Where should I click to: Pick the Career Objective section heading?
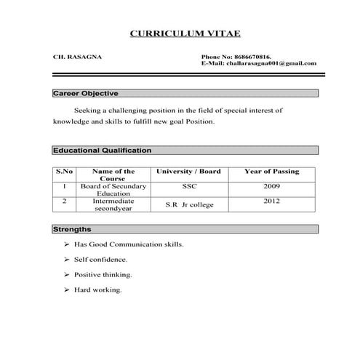coord(85,93)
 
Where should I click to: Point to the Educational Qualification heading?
coord(102,151)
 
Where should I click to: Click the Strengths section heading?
coord(72,229)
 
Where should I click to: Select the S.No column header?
coord(65,172)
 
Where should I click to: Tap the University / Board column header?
coord(188,172)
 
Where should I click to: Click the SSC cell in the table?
coord(188,186)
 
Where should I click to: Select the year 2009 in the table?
coord(271,186)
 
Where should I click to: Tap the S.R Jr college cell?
coord(189,205)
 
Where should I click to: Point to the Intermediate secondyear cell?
coord(113,204)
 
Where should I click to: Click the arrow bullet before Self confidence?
coord(66,260)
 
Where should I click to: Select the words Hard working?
coord(97,290)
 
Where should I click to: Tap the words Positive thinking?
coord(103,275)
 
